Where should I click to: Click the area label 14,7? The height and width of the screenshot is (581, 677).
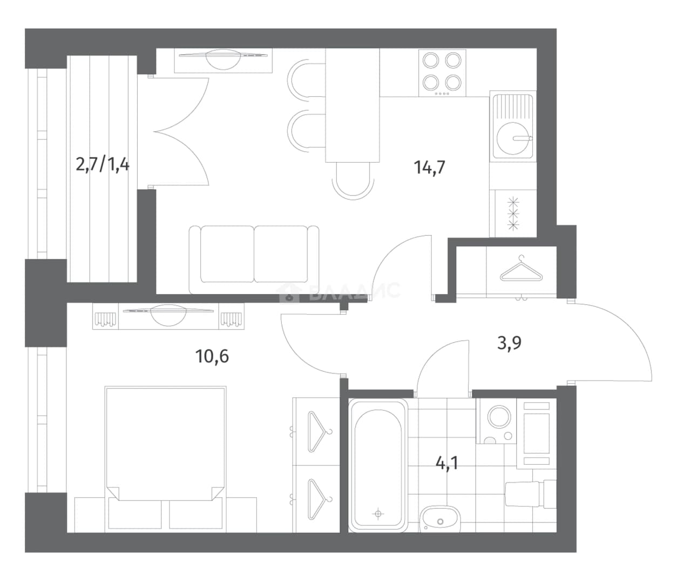tap(429, 168)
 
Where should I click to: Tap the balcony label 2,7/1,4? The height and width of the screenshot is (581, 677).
tap(103, 165)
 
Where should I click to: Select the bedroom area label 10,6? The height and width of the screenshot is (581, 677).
tap(212, 356)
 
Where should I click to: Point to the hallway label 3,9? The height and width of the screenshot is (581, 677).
tap(509, 343)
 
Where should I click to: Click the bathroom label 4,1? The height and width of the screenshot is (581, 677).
tap(447, 464)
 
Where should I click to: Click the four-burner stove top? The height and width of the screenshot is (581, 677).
tap(442, 73)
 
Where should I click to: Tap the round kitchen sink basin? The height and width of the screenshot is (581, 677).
tap(512, 138)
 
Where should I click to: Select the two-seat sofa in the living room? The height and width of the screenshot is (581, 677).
tap(254, 259)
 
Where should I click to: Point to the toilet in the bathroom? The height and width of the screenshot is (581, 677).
tap(531, 494)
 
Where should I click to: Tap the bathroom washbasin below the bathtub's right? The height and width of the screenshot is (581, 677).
tap(440, 519)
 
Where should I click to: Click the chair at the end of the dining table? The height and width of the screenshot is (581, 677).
tap(353, 181)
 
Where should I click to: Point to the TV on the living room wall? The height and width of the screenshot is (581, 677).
tap(223, 59)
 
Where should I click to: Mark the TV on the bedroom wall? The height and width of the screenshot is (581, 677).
tap(168, 315)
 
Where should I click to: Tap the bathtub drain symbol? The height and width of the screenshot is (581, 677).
tap(378, 513)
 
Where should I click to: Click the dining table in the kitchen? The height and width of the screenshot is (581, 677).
tap(353, 105)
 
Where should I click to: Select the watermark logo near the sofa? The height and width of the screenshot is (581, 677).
tap(339, 291)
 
